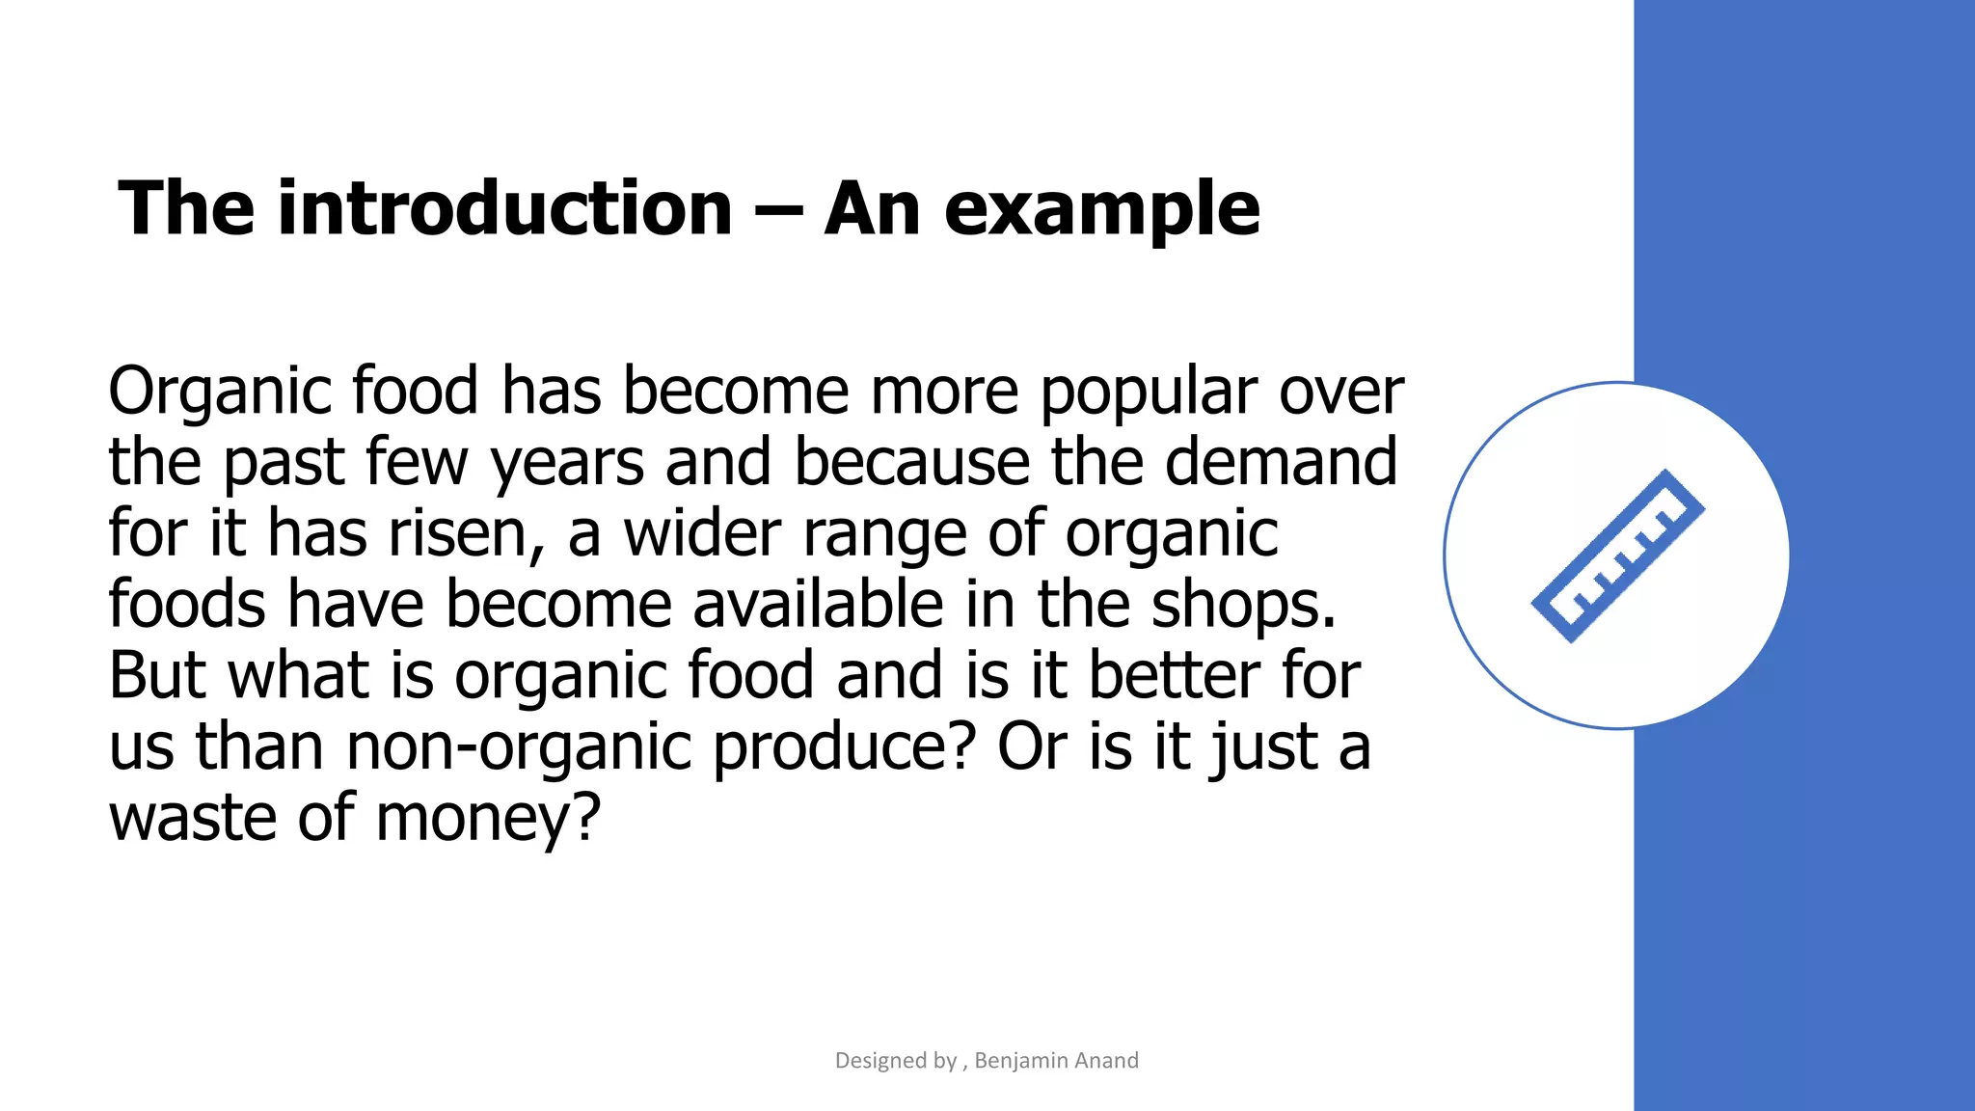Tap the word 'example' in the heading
click(x=1101, y=210)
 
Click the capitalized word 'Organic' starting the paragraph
click(x=219, y=393)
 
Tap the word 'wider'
click(x=702, y=533)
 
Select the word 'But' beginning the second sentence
click(x=156, y=675)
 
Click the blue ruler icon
click(x=1618, y=556)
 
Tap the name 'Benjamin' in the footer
click(x=1021, y=1061)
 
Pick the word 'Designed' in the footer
click(x=881, y=1061)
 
